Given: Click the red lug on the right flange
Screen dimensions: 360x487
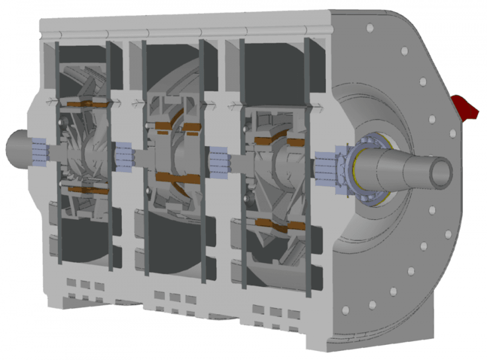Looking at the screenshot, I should tap(466, 107).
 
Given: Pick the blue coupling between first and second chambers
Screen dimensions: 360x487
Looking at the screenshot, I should tap(123, 156).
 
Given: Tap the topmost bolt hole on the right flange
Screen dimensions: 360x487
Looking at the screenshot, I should tap(370, 28).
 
